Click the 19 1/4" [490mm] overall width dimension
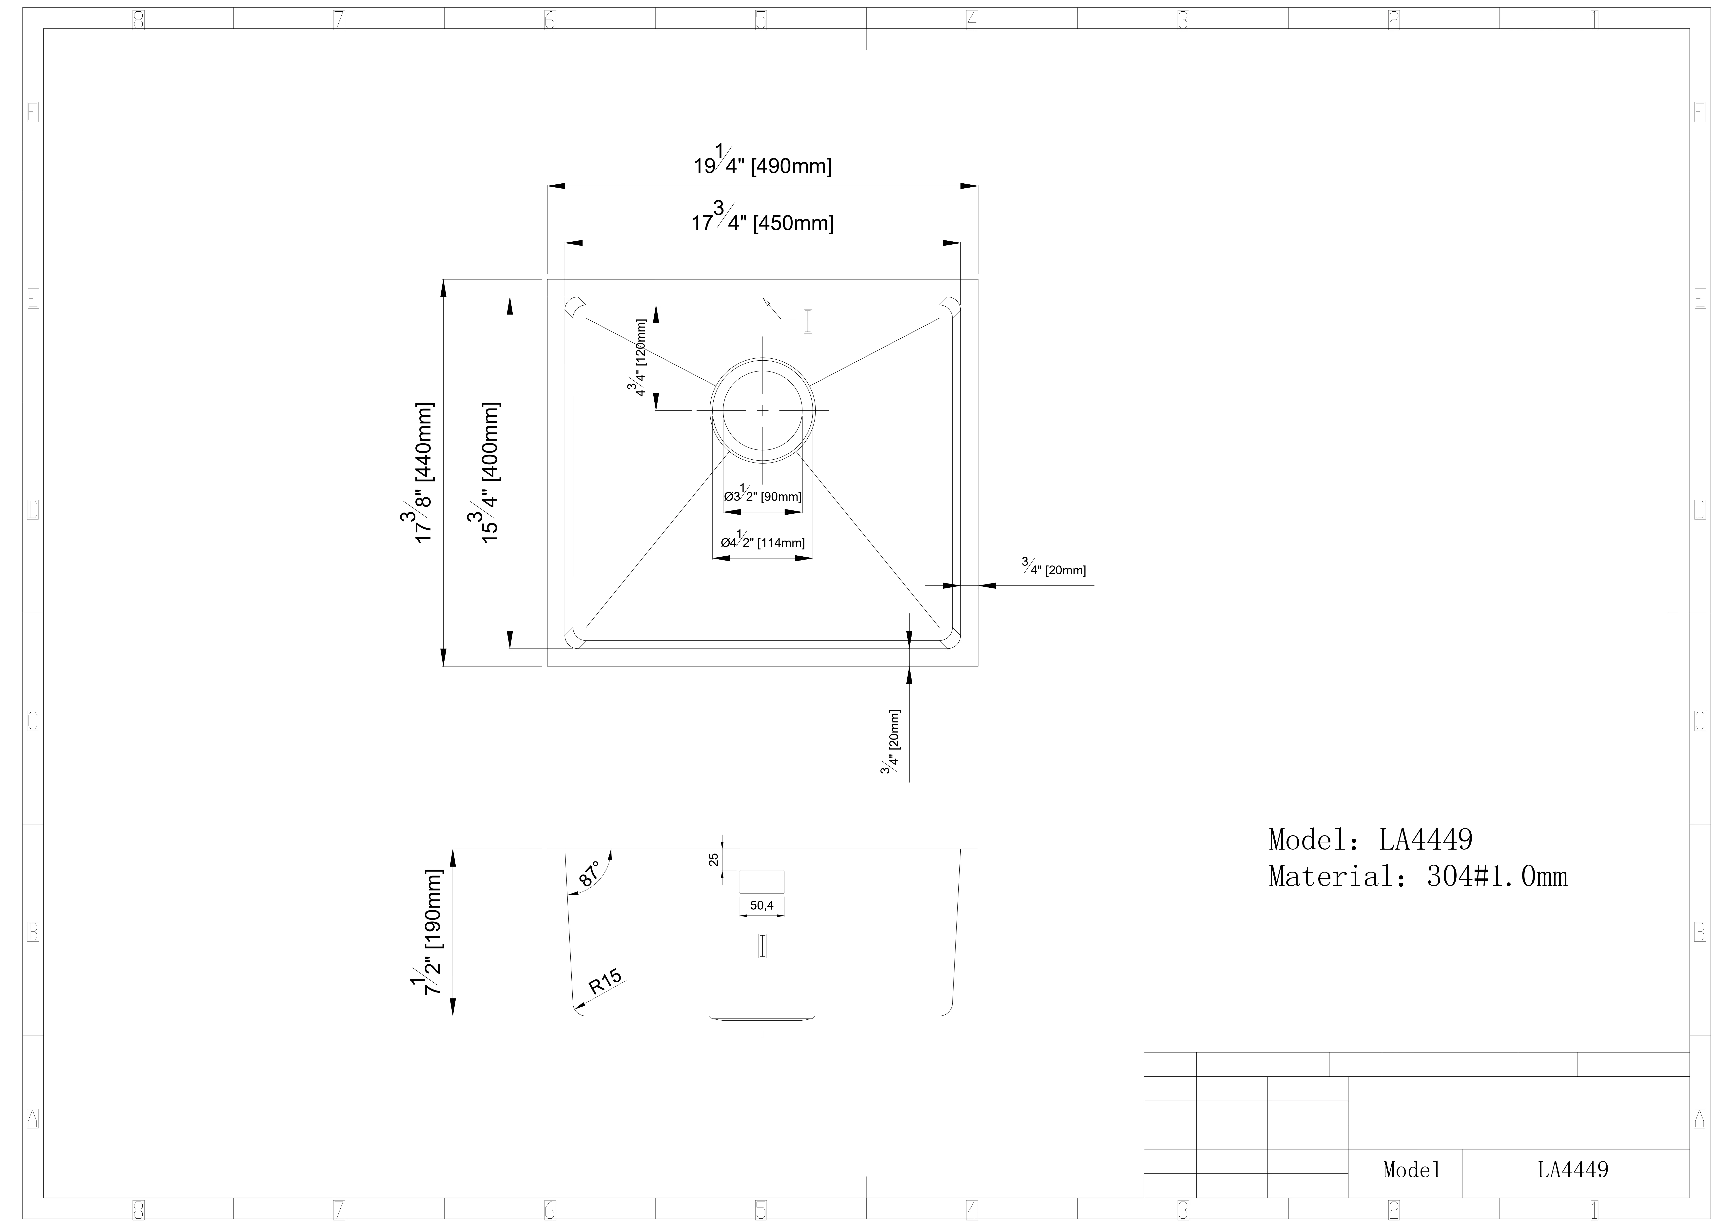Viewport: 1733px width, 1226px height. click(762, 162)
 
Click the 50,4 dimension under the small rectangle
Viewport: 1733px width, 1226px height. click(761, 905)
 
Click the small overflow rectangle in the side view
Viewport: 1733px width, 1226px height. click(761, 882)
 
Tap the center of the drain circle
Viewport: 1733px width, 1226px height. click(762, 410)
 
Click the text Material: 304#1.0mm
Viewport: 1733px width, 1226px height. click(1418, 876)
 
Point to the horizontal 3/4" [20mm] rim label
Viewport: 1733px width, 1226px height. click(1054, 568)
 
